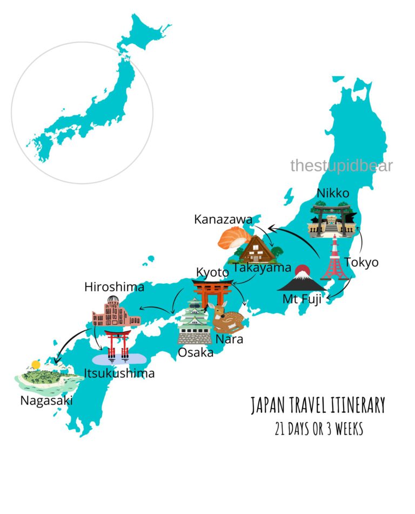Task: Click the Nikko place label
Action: [333, 193]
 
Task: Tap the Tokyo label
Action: [361, 263]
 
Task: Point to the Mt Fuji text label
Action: [302, 299]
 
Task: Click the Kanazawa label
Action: [223, 219]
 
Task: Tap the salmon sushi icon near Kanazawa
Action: [233, 238]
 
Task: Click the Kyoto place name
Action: [212, 271]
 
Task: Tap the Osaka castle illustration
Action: [195, 323]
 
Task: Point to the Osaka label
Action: [195, 352]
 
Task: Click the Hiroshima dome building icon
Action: [116, 312]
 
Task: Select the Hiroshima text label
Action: [114, 286]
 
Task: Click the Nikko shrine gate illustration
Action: [333, 220]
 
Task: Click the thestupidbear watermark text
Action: [341, 165]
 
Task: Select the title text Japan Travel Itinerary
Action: [318, 405]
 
